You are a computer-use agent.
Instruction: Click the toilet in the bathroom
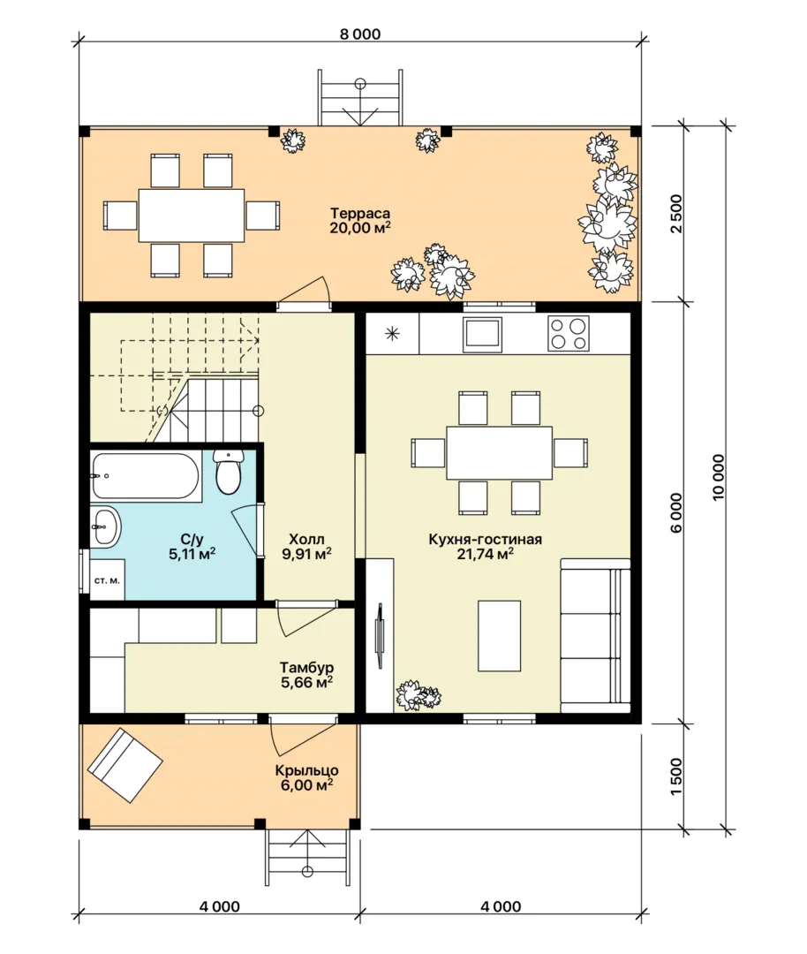(228, 472)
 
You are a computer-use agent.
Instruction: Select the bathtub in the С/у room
(146, 476)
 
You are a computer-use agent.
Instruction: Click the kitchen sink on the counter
(482, 334)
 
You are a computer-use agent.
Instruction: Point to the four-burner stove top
(569, 333)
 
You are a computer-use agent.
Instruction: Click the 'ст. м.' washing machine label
(107, 580)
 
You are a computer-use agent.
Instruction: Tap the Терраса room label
(360, 214)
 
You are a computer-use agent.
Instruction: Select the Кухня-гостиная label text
(486, 539)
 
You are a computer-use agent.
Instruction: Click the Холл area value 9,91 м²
(306, 554)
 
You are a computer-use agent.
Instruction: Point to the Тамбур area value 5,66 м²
(306, 682)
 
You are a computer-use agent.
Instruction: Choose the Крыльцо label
(306, 770)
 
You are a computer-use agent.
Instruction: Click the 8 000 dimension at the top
(360, 34)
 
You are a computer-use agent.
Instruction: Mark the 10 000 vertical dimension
(719, 478)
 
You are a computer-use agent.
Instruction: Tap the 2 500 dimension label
(676, 214)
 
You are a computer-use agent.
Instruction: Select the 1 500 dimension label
(676, 776)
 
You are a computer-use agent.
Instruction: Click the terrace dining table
(192, 216)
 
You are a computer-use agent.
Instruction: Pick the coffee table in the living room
(499, 636)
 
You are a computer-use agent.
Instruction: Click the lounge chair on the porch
(125, 765)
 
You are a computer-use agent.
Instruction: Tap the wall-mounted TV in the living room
(381, 636)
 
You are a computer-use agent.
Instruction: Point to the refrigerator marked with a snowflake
(392, 333)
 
